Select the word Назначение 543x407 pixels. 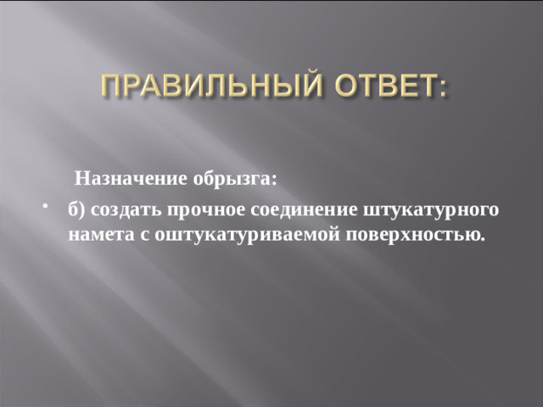click(x=119, y=179)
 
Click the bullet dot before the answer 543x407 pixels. click(x=43, y=209)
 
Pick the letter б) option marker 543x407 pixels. click(x=77, y=210)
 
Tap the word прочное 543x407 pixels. click(x=207, y=210)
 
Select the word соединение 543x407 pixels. click(x=305, y=210)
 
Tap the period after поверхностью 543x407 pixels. click(x=483, y=238)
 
